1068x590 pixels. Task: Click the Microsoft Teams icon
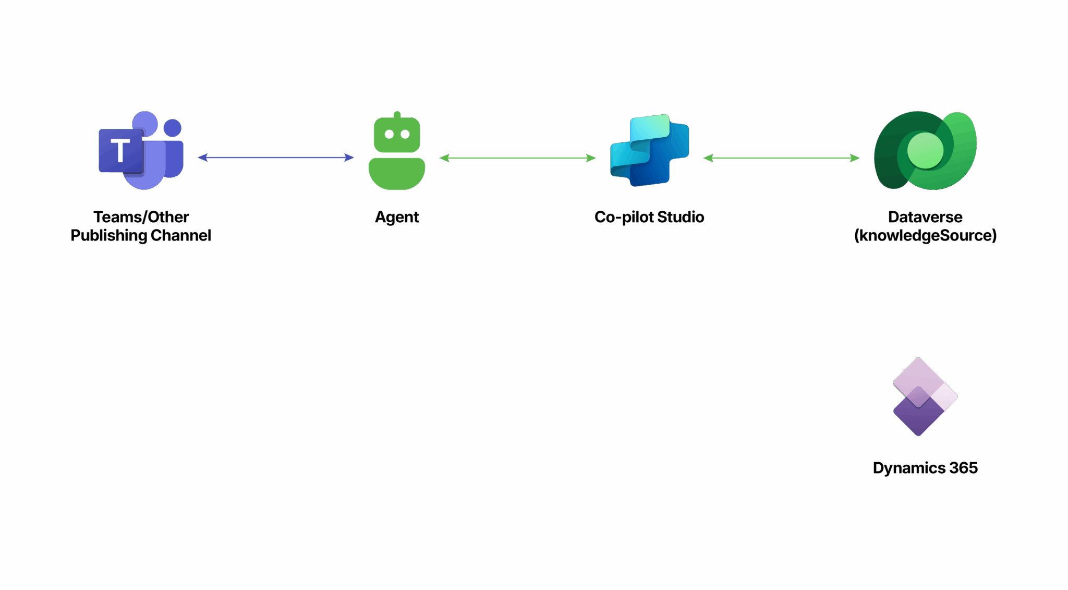click(141, 150)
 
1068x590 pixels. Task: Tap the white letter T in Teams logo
click(120, 151)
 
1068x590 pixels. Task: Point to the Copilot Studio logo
click(650, 150)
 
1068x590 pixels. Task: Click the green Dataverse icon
click(925, 150)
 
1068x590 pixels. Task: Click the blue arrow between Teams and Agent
click(276, 158)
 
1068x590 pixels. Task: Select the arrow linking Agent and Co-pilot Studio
click(517, 158)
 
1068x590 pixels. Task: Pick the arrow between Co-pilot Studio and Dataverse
click(781, 158)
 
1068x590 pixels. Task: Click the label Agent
click(397, 218)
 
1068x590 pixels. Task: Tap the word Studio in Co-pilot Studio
click(681, 217)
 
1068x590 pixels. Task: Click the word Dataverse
click(925, 217)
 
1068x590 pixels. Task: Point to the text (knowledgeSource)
click(925, 236)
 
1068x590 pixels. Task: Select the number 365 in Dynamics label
click(963, 468)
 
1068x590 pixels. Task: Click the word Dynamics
click(909, 468)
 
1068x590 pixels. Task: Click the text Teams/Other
click(141, 217)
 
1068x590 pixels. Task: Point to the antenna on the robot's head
click(397, 115)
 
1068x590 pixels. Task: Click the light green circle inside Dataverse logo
click(925, 151)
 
